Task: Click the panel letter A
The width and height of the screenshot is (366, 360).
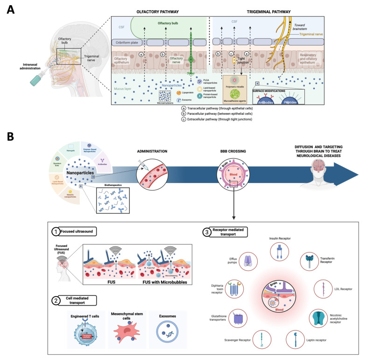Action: click(10, 9)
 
